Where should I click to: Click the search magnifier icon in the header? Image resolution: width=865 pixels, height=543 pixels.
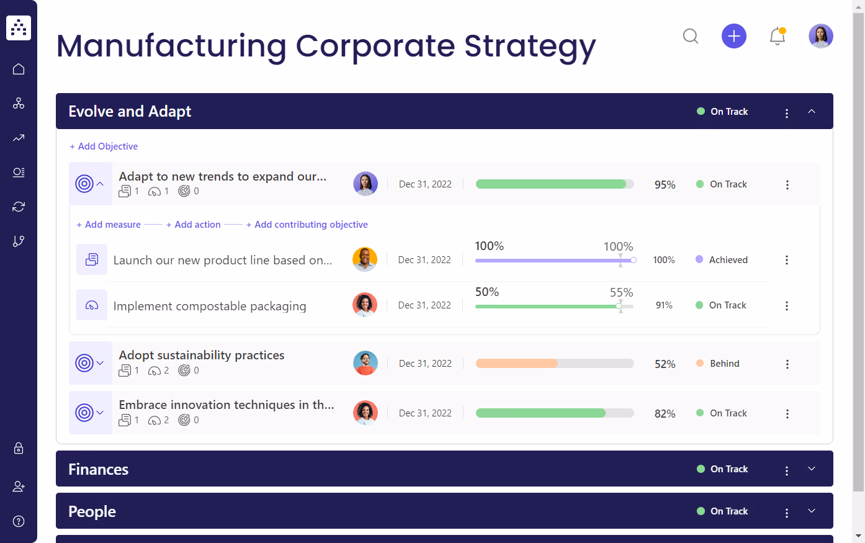691,36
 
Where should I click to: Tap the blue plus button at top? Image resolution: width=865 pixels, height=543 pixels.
733,36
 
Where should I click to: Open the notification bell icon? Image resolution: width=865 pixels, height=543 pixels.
777,36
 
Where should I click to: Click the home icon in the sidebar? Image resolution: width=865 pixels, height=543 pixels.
19,69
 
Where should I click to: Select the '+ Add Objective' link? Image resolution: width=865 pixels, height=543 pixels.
104,146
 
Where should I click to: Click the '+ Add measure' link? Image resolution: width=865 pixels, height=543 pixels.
109,225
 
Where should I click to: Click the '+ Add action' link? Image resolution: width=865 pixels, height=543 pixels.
194,225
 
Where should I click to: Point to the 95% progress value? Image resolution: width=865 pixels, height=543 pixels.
665,185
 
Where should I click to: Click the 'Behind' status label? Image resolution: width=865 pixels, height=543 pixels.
724,364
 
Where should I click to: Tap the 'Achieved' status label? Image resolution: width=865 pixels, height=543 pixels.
728,260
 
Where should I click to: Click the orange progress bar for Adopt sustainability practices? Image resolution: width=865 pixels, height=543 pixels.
517,364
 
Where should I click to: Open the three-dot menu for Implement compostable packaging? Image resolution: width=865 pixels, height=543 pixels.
787,306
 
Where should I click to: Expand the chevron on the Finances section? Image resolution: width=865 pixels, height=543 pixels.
812,469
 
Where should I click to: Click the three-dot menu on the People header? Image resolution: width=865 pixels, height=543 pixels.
787,513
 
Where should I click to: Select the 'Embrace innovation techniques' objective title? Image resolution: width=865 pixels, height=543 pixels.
226,405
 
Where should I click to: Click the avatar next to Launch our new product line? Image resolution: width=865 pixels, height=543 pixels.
365,259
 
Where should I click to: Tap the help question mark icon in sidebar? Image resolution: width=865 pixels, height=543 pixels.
19,521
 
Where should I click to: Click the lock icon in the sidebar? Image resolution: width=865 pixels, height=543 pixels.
19,448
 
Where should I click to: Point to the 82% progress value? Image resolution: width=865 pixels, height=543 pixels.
665,414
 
